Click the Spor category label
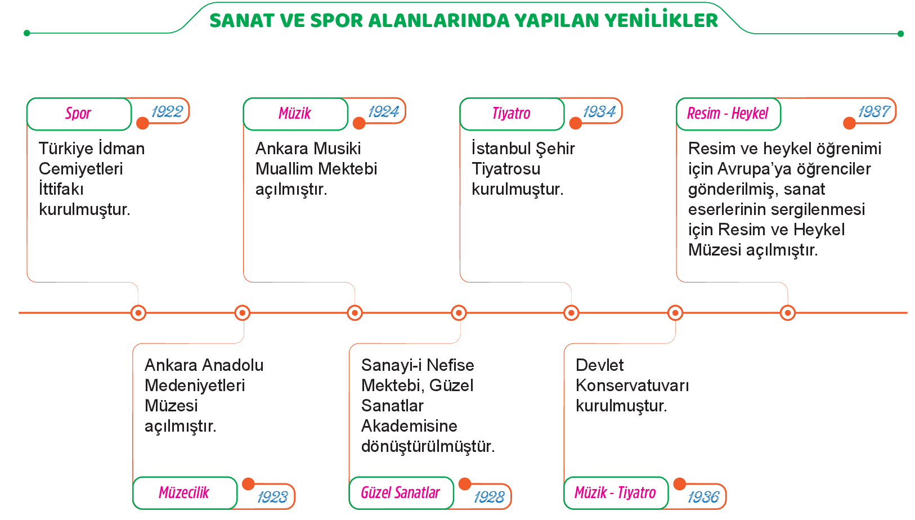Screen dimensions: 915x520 click(x=78, y=113)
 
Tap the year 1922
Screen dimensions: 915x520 click(x=167, y=111)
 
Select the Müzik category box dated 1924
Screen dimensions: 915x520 click(x=295, y=114)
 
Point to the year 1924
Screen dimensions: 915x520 click(x=384, y=111)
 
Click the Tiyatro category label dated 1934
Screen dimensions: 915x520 click(x=512, y=113)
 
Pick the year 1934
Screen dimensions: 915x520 click(x=599, y=111)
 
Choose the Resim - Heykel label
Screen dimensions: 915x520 click(x=728, y=113)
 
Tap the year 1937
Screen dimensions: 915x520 click(x=874, y=111)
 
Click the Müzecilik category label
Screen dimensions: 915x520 click(x=184, y=492)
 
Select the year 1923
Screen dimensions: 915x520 click(x=272, y=497)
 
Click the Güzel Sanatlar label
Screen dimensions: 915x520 click(x=400, y=492)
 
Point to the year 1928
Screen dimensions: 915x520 click(x=489, y=497)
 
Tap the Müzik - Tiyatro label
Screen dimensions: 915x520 click(x=615, y=492)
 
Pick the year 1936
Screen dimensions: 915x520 click(x=703, y=497)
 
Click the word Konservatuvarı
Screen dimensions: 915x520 click(x=633, y=385)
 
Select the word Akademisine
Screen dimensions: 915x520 click(x=409, y=426)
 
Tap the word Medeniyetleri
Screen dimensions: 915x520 click(x=195, y=385)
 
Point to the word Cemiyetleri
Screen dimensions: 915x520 click(x=81, y=169)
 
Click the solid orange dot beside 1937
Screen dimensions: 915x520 click(x=849, y=123)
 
